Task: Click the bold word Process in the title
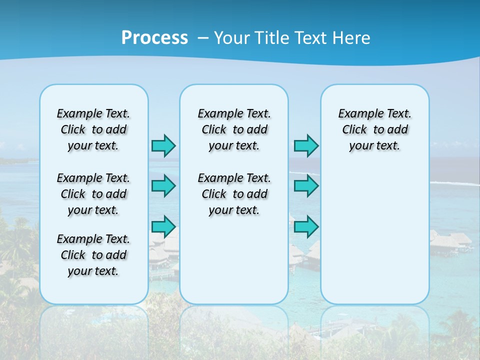point(154,37)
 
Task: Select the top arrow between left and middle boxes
point(163,145)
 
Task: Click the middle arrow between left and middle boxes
point(163,186)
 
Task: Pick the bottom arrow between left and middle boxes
point(163,226)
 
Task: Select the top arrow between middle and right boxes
point(306,145)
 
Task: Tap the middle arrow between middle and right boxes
point(306,186)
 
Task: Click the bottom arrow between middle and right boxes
point(306,226)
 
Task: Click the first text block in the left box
point(93,129)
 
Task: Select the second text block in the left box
point(93,194)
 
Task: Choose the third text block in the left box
point(93,255)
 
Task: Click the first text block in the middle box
point(234,129)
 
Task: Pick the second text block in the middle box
point(234,194)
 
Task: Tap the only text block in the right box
point(375,129)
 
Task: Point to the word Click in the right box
point(354,130)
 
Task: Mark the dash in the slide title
point(203,38)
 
